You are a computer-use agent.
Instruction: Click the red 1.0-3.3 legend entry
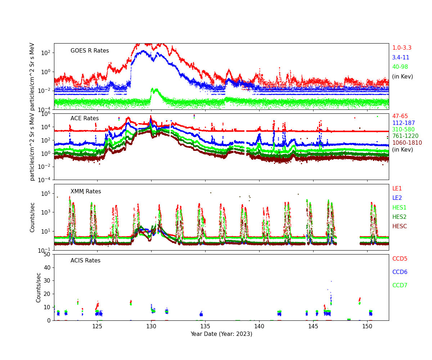pos(401,48)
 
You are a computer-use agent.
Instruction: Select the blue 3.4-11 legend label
pos(400,58)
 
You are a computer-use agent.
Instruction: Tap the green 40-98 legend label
pos(400,67)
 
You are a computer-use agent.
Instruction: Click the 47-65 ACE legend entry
pos(400,116)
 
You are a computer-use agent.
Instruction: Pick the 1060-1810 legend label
pos(407,143)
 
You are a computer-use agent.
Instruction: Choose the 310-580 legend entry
pos(403,130)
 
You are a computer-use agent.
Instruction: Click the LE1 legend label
pos(397,189)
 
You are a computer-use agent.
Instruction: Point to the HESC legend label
pos(399,226)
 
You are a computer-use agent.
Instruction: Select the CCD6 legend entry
pos(400,272)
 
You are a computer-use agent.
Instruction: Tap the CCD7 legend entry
pos(400,285)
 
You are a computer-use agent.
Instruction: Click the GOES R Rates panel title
pos(90,51)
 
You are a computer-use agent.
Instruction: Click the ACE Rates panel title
pos(85,118)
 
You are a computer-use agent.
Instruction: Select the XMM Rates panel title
pos(86,192)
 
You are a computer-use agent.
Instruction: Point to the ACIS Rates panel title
pos(85,261)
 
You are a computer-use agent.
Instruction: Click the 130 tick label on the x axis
pos(151,327)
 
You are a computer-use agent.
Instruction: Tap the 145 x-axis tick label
pos(313,327)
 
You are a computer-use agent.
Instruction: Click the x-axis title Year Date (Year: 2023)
pos(221,334)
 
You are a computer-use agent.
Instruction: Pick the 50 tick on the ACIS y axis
pos(47,255)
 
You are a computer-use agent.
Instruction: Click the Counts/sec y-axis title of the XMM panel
pos(32,217)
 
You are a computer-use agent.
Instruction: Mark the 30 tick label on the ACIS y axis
pos(47,281)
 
